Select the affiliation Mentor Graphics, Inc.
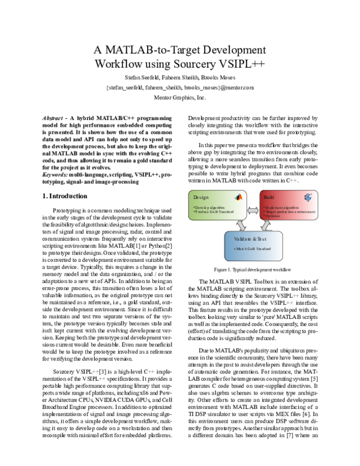click(181, 97)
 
